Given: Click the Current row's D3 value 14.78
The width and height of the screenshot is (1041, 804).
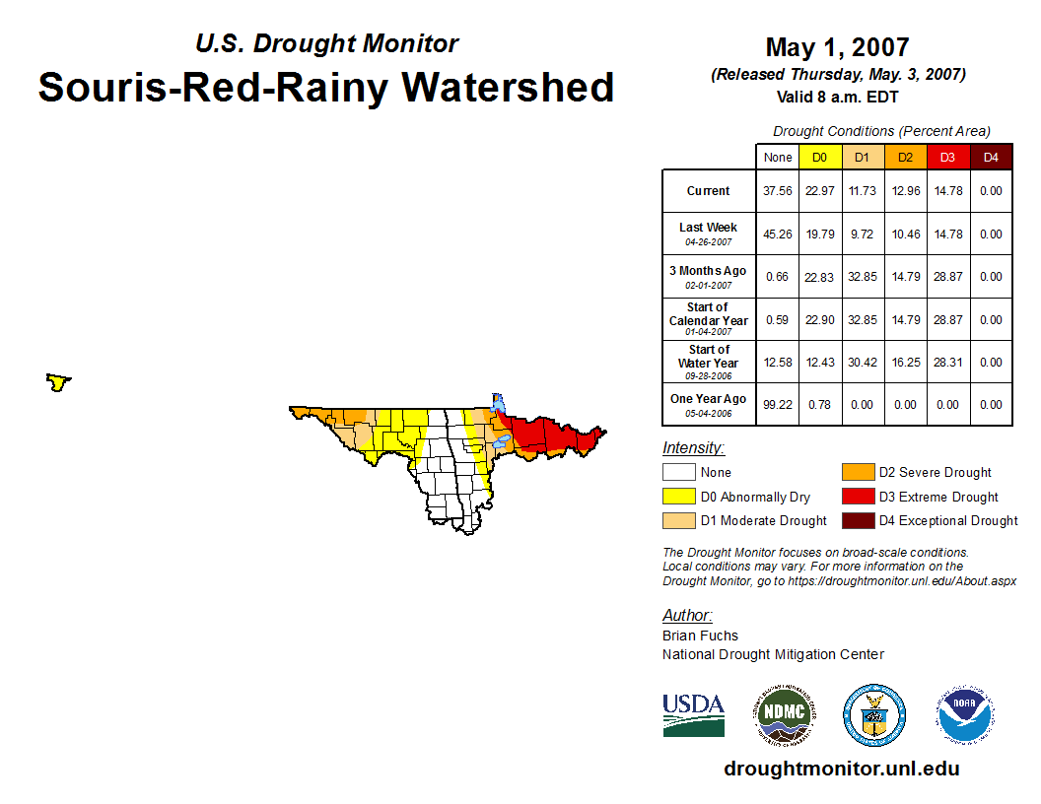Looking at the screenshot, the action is point(948,191).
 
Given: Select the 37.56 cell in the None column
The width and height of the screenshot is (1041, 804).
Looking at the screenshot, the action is point(778,191).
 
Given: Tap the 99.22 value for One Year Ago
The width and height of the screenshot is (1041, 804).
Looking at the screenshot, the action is point(778,405).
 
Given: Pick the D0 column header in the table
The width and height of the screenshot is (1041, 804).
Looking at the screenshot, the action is point(820,158).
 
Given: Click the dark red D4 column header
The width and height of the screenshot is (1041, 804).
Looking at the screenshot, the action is point(991,158).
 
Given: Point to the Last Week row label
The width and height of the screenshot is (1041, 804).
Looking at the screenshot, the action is point(709,234).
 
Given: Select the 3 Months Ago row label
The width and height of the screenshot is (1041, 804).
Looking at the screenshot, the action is point(709,277).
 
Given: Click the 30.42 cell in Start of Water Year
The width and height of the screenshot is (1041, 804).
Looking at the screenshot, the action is point(863,363).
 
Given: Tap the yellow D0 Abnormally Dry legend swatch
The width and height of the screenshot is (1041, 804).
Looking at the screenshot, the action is point(678,497).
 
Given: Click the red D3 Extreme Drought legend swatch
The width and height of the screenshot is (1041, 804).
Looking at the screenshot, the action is point(858,497).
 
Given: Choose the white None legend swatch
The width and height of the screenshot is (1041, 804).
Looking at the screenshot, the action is point(678,472).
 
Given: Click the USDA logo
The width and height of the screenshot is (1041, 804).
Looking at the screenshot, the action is point(694,714).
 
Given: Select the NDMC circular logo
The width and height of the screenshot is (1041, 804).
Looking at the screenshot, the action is point(785,715).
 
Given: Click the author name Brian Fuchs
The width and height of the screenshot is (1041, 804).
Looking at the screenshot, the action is point(700,636).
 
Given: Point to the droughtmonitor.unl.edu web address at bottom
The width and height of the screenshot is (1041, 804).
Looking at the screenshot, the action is point(842,769).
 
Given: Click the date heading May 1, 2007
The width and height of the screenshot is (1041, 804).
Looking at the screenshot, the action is point(837,47).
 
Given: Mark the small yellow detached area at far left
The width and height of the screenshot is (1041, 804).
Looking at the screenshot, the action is point(58,382).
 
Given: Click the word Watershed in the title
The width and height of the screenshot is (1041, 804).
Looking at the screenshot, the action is point(508,88).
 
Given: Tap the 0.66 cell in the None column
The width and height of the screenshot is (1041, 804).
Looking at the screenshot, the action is point(778,277).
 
